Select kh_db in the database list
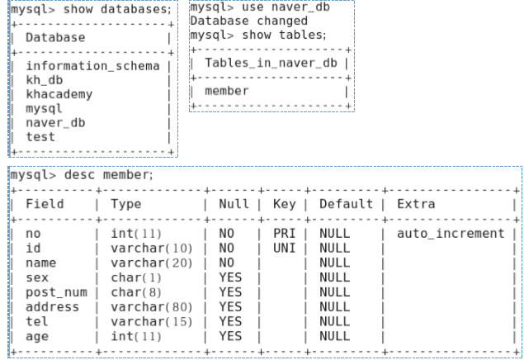click(x=45, y=80)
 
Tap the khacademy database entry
click(x=59, y=93)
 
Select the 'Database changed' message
click(x=248, y=21)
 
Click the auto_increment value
click(x=451, y=234)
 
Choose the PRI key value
click(x=284, y=234)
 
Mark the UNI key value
click(x=284, y=247)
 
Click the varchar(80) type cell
click(x=145, y=306)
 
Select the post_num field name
click(x=56, y=293)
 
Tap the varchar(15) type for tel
click(x=145, y=320)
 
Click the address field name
click(x=53, y=306)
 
